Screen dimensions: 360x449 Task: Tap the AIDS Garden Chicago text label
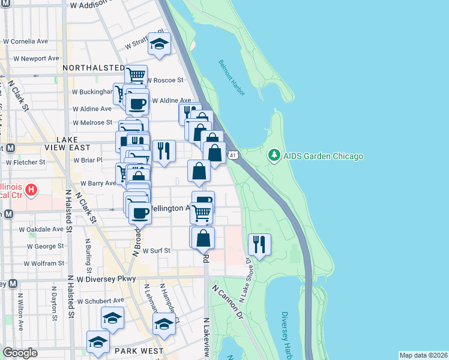(x=322, y=157)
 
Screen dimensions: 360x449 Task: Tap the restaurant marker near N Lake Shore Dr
(x=259, y=244)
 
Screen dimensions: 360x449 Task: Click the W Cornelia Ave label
(x=25, y=42)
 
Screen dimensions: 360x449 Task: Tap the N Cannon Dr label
(x=226, y=301)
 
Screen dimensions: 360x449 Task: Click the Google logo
(x=20, y=353)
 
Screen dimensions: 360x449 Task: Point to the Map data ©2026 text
(x=423, y=355)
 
